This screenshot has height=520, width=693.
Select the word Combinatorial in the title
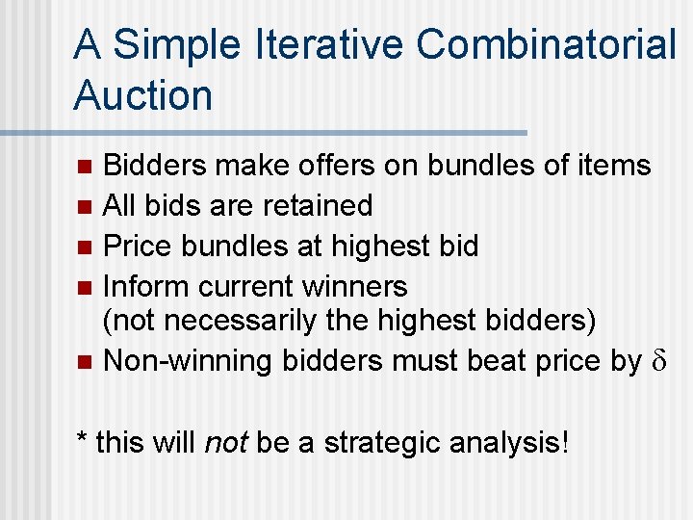pyautogui.click(x=548, y=45)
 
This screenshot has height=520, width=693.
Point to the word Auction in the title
pyautogui.click(x=142, y=95)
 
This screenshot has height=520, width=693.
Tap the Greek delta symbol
pyautogui.click(x=659, y=362)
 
